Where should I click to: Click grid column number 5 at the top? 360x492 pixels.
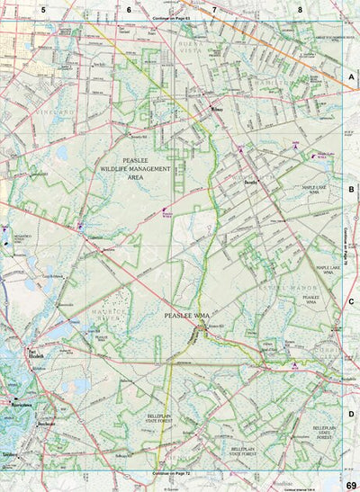(x=41, y=9)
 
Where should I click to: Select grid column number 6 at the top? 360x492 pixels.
(x=129, y=9)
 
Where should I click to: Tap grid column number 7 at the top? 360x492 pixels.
(x=214, y=9)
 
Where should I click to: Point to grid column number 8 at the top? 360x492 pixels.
(x=300, y=9)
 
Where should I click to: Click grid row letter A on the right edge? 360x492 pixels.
(x=351, y=78)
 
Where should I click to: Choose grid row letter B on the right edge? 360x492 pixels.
(x=351, y=190)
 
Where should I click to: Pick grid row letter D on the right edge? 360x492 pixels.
(x=351, y=414)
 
